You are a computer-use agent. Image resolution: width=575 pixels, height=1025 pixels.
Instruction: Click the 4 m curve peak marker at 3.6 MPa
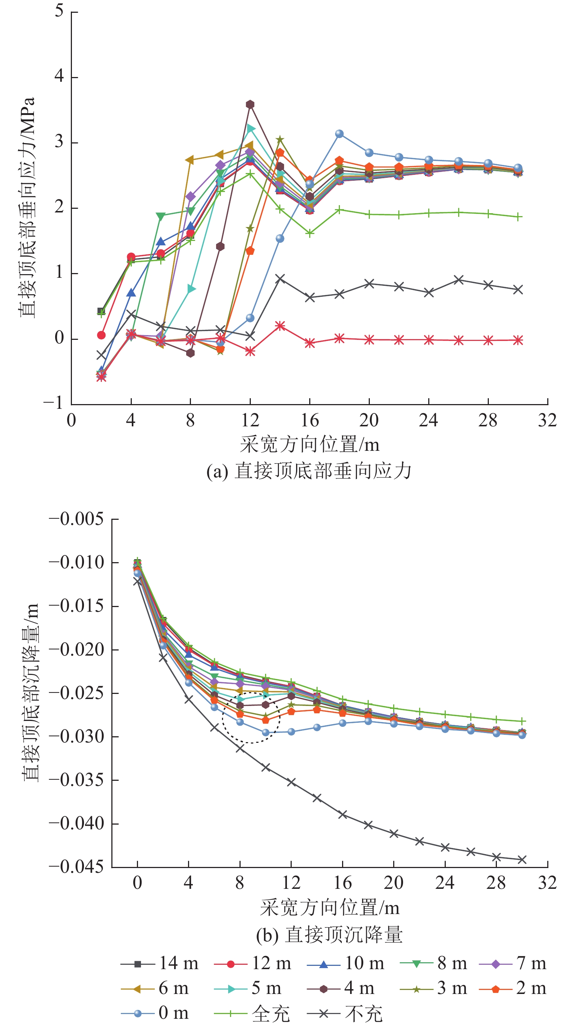coord(250,105)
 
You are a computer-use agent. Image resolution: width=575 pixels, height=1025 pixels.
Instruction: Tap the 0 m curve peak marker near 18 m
coord(340,134)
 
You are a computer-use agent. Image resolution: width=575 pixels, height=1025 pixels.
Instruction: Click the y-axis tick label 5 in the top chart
coord(59,11)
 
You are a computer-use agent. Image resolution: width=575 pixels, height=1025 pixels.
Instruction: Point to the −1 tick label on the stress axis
coord(54,403)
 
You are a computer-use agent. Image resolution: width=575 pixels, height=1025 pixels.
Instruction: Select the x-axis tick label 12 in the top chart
coord(250,421)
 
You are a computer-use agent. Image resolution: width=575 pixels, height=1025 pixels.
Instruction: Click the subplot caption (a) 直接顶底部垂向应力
coord(309,471)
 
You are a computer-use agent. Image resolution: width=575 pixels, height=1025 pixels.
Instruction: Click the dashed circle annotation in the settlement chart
coord(251,717)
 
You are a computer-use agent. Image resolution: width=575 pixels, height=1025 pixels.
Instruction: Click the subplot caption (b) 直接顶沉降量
coord(329,935)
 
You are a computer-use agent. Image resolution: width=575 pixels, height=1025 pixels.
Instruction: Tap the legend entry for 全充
coord(252,1013)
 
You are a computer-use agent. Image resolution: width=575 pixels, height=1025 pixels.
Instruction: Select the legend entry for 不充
coord(345,1013)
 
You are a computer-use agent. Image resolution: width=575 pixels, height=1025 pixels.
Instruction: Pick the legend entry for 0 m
coord(155,1013)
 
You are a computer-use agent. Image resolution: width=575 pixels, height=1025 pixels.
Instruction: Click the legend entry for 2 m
coord(513,988)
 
